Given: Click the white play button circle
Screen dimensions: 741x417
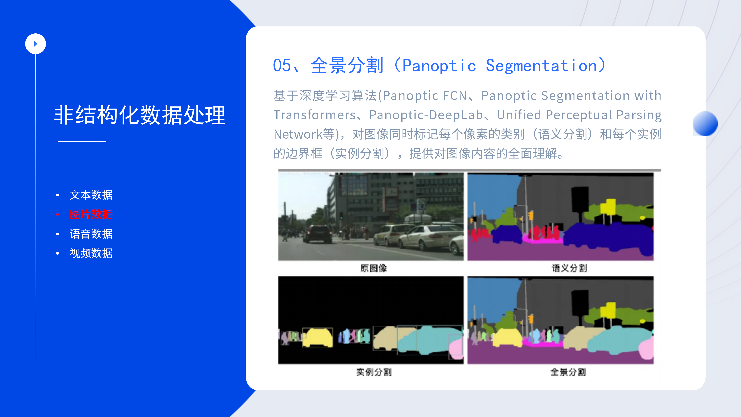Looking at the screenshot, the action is coord(35,44).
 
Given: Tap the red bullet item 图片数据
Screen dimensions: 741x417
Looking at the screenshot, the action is coord(91,214).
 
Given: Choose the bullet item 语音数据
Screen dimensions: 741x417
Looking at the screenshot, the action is coord(91,234).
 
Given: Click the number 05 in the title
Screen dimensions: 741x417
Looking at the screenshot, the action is coord(282,66).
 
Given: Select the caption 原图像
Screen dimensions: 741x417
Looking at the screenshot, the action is coord(374,268).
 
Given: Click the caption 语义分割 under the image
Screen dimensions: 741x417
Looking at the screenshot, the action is coord(569,268).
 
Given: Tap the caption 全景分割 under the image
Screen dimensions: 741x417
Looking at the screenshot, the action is coord(568,372).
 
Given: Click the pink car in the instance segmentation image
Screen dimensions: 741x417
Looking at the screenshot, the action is coord(457,349).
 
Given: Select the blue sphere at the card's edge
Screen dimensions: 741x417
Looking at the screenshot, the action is coord(705,124).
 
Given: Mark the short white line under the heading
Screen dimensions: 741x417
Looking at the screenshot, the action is coord(82,141).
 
